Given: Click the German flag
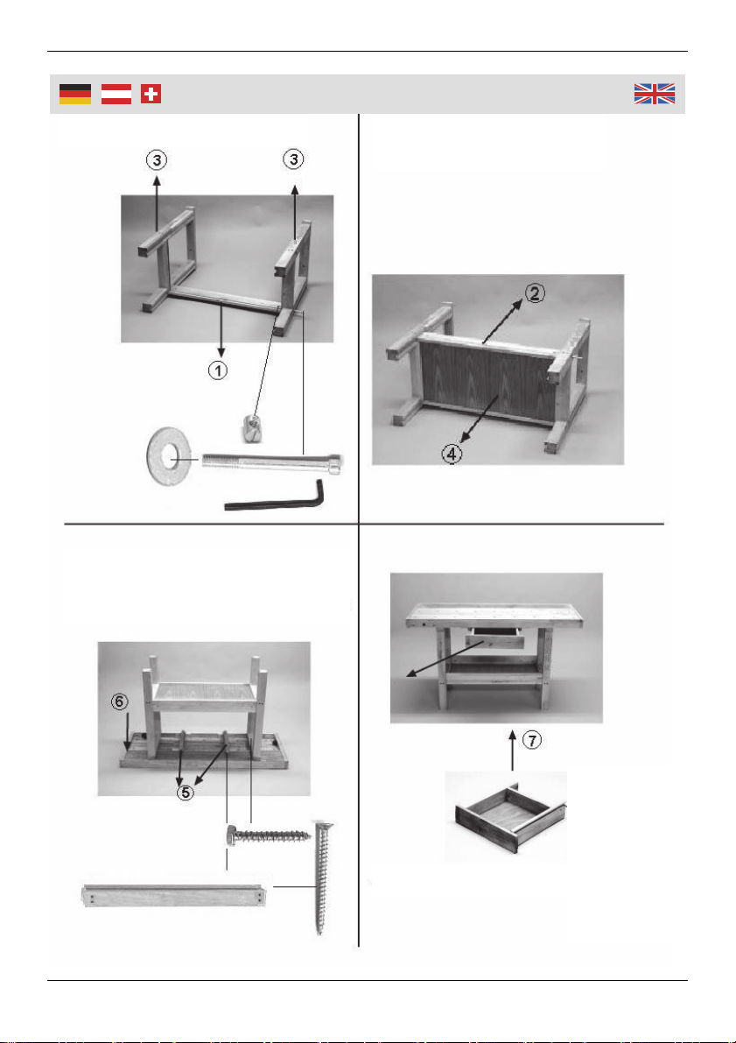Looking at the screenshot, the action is pyautogui.click(x=75, y=95).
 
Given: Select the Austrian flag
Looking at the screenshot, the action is pyautogui.click(x=116, y=95).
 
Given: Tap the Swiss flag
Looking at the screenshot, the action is pyautogui.click(x=151, y=95).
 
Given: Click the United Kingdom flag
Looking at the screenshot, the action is pyautogui.click(x=655, y=94).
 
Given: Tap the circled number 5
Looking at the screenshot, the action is pyautogui.click(x=187, y=793).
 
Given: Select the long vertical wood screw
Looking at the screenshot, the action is pyautogui.click(x=319, y=877).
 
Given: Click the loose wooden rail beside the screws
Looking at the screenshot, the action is pyautogui.click(x=175, y=895).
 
